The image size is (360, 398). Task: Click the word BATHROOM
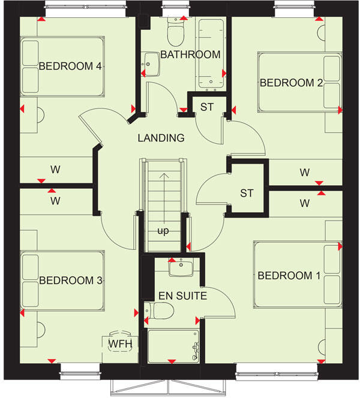coord(190,55)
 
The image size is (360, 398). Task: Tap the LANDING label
coord(161,138)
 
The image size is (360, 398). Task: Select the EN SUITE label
coord(183,296)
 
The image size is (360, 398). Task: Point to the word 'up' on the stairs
coord(163,231)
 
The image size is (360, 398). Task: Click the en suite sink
coord(181,267)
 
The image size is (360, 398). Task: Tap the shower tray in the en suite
coord(173,346)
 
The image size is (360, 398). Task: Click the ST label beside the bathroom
coord(207,108)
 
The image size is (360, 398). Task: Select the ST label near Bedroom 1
coord(247,193)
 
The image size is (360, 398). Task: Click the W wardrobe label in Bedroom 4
coord(55,170)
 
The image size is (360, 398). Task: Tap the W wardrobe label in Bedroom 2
coord(305,173)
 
